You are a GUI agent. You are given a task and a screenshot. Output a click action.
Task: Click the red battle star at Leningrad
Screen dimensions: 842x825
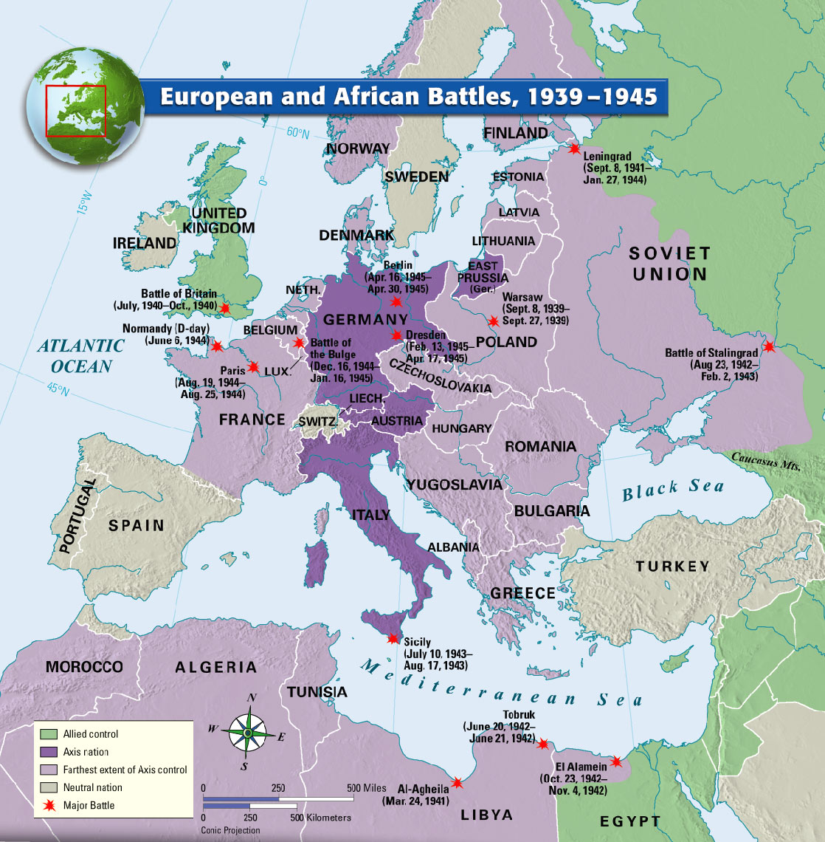tap(574, 148)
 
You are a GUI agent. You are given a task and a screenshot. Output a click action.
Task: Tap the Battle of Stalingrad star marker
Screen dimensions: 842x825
tap(770, 346)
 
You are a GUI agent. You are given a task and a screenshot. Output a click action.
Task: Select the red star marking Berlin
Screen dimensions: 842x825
tap(396, 301)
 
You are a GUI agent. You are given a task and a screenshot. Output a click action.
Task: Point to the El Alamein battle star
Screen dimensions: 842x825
tap(616, 761)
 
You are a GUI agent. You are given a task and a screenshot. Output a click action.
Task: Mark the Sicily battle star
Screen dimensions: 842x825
tap(393, 639)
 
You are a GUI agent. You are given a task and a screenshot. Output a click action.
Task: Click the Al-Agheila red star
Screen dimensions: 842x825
tap(458, 783)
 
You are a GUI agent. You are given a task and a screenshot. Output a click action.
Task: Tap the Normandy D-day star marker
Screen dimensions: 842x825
tap(217, 346)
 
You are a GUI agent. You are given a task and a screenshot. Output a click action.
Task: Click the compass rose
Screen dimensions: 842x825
tap(249, 732)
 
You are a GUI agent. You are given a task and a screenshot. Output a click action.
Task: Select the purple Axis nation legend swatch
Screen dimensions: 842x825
tap(49, 752)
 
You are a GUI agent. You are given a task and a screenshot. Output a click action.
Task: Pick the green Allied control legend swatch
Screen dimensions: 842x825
tap(49, 734)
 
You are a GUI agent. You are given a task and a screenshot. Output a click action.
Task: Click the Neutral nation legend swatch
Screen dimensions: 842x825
tap(49, 787)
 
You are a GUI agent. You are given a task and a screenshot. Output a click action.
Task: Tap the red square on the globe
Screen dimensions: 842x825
tap(76, 111)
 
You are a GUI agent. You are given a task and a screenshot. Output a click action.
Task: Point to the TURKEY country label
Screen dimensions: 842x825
tap(672, 567)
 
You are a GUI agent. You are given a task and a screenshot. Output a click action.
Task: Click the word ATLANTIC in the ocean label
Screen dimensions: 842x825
tap(81, 346)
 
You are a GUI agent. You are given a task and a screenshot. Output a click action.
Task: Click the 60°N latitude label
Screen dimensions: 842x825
tap(298, 133)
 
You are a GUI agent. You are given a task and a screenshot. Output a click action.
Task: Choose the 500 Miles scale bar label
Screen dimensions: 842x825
tap(367, 788)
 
